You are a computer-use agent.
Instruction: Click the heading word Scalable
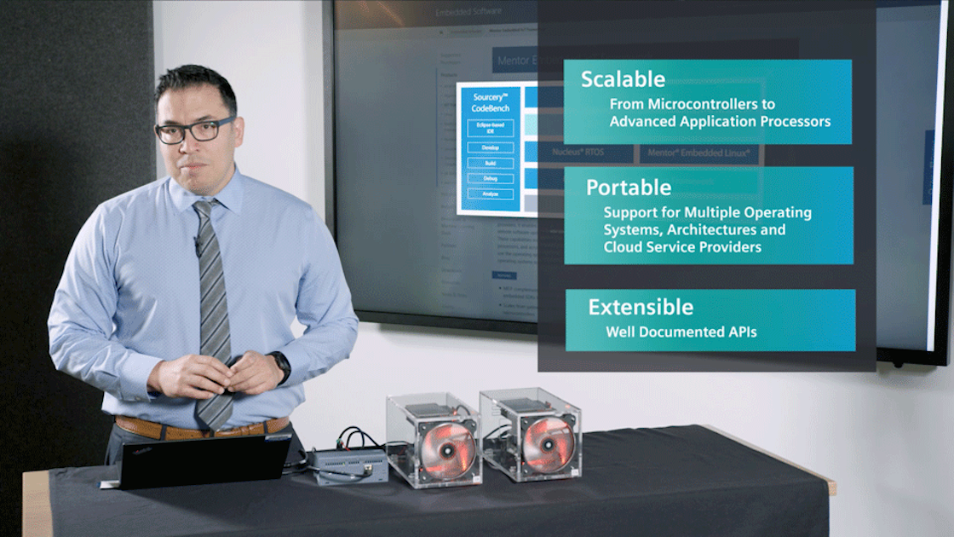(623, 79)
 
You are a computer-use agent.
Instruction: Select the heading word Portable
(629, 187)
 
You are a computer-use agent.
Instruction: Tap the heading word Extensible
(641, 307)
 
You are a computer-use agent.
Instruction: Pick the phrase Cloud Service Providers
(682, 247)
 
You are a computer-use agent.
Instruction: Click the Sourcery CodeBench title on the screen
(490, 103)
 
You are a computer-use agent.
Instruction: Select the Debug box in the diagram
(490, 178)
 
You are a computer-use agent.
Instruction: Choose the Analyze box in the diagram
(490, 193)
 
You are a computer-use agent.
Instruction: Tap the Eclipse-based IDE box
(490, 128)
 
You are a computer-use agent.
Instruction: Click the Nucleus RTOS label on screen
(578, 153)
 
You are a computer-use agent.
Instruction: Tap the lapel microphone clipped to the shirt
(198, 247)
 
